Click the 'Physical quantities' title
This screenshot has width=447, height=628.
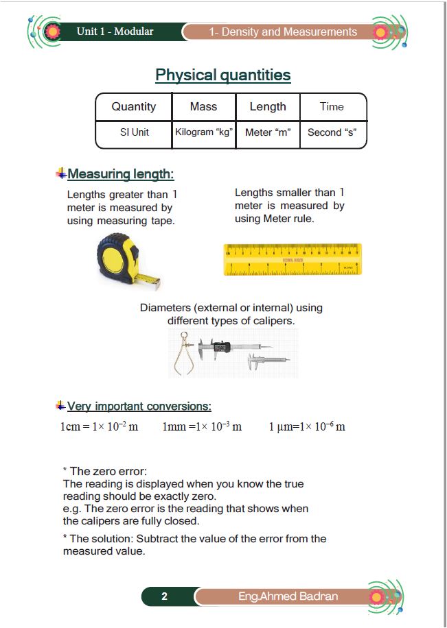[223, 75]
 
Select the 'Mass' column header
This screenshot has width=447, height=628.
[203, 107]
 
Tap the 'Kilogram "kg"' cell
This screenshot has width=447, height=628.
[203, 132]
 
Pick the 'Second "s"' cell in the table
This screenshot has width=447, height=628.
[332, 132]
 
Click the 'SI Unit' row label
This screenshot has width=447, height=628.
[134, 132]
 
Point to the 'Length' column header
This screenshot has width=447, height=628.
[268, 107]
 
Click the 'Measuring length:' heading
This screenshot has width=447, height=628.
[120, 174]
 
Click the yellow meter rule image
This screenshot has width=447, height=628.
[293, 260]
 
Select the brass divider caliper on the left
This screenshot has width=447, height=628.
[184, 352]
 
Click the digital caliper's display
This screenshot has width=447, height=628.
[220, 347]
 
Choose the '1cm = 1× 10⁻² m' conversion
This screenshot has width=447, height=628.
[99, 426]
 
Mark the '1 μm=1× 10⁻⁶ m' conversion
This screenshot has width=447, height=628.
[307, 426]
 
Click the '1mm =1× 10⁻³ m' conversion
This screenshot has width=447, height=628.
[202, 426]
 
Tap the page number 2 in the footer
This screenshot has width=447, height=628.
[164, 596]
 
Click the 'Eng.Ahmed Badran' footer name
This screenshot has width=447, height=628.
[288, 596]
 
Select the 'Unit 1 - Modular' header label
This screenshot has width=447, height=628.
[115, 32]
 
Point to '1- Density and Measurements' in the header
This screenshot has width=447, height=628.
[283, 32]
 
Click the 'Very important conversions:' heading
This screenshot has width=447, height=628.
[139, 407]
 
